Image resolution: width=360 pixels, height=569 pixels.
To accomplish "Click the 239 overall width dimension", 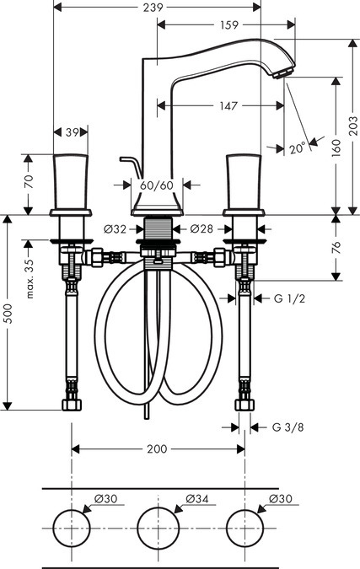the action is [153, 8].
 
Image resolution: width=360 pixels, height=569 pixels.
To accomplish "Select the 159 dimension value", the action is [229, 24].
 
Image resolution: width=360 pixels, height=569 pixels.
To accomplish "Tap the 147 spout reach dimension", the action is [228, 106].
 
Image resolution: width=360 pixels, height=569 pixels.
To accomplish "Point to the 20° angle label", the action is [298, 148].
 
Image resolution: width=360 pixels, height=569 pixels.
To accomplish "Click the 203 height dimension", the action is [353, 126].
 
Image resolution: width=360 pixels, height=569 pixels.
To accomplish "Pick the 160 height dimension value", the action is [336, 148].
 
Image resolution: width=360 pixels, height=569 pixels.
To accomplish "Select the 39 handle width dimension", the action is [72, 132].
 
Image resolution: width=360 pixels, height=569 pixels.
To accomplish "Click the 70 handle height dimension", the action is [29, 181].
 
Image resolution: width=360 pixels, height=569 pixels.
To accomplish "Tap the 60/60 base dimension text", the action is [157, 185].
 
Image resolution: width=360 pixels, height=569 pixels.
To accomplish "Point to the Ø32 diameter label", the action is [115, 229].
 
